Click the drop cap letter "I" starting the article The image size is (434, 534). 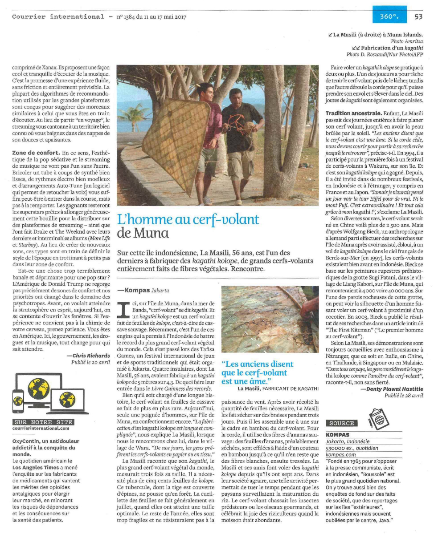122,307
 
